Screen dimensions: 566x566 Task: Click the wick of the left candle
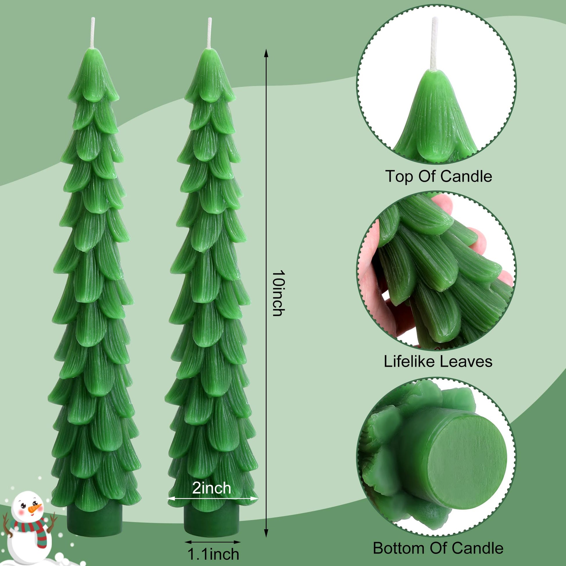(93, 33)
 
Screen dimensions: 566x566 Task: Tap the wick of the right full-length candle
(209, 33)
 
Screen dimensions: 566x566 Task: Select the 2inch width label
(211, 487)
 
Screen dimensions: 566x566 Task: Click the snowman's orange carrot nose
(35, 508)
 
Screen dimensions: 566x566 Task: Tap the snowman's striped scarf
(29, 527)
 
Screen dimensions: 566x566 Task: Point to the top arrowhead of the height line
(266, 53)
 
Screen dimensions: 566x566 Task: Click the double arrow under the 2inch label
(212, 498)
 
